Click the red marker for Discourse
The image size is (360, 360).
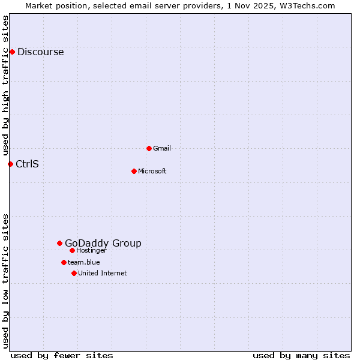[12, 52]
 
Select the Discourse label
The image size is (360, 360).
[40, 52]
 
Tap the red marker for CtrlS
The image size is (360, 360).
[10, 164]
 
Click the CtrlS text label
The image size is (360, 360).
[27, 164]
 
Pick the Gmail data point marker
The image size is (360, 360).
[149, 148]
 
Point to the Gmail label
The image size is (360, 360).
[162, 148]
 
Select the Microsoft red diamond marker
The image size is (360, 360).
[134, 171]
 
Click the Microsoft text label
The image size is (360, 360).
[152, 171]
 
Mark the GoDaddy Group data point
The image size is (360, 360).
[59, 243]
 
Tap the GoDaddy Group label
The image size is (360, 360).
[103, 243]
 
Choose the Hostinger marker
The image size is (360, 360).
[72, 250]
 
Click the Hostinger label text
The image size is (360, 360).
[91, 251]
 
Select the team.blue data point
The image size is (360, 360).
[64, 262]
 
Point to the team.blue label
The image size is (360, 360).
[83, 262]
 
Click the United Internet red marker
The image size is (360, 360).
[74, 273]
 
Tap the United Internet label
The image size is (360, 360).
[102, 273]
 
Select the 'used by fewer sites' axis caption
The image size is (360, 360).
[62, 355]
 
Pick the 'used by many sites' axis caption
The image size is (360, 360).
[301, 355]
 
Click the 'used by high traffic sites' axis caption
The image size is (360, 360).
[5, 84]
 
